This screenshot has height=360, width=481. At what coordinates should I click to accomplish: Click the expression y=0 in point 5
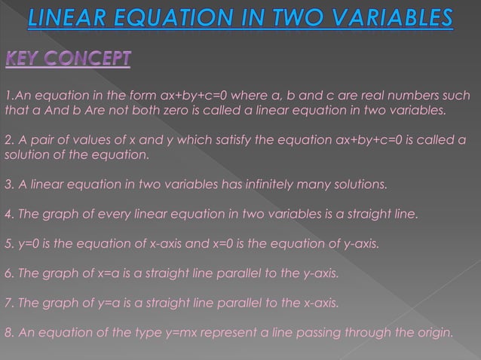click(x=26, y=243)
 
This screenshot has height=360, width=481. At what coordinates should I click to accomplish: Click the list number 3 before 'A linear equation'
click(x=8, y=185)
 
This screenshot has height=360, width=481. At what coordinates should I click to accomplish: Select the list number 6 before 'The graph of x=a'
click(x=8, y=273)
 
